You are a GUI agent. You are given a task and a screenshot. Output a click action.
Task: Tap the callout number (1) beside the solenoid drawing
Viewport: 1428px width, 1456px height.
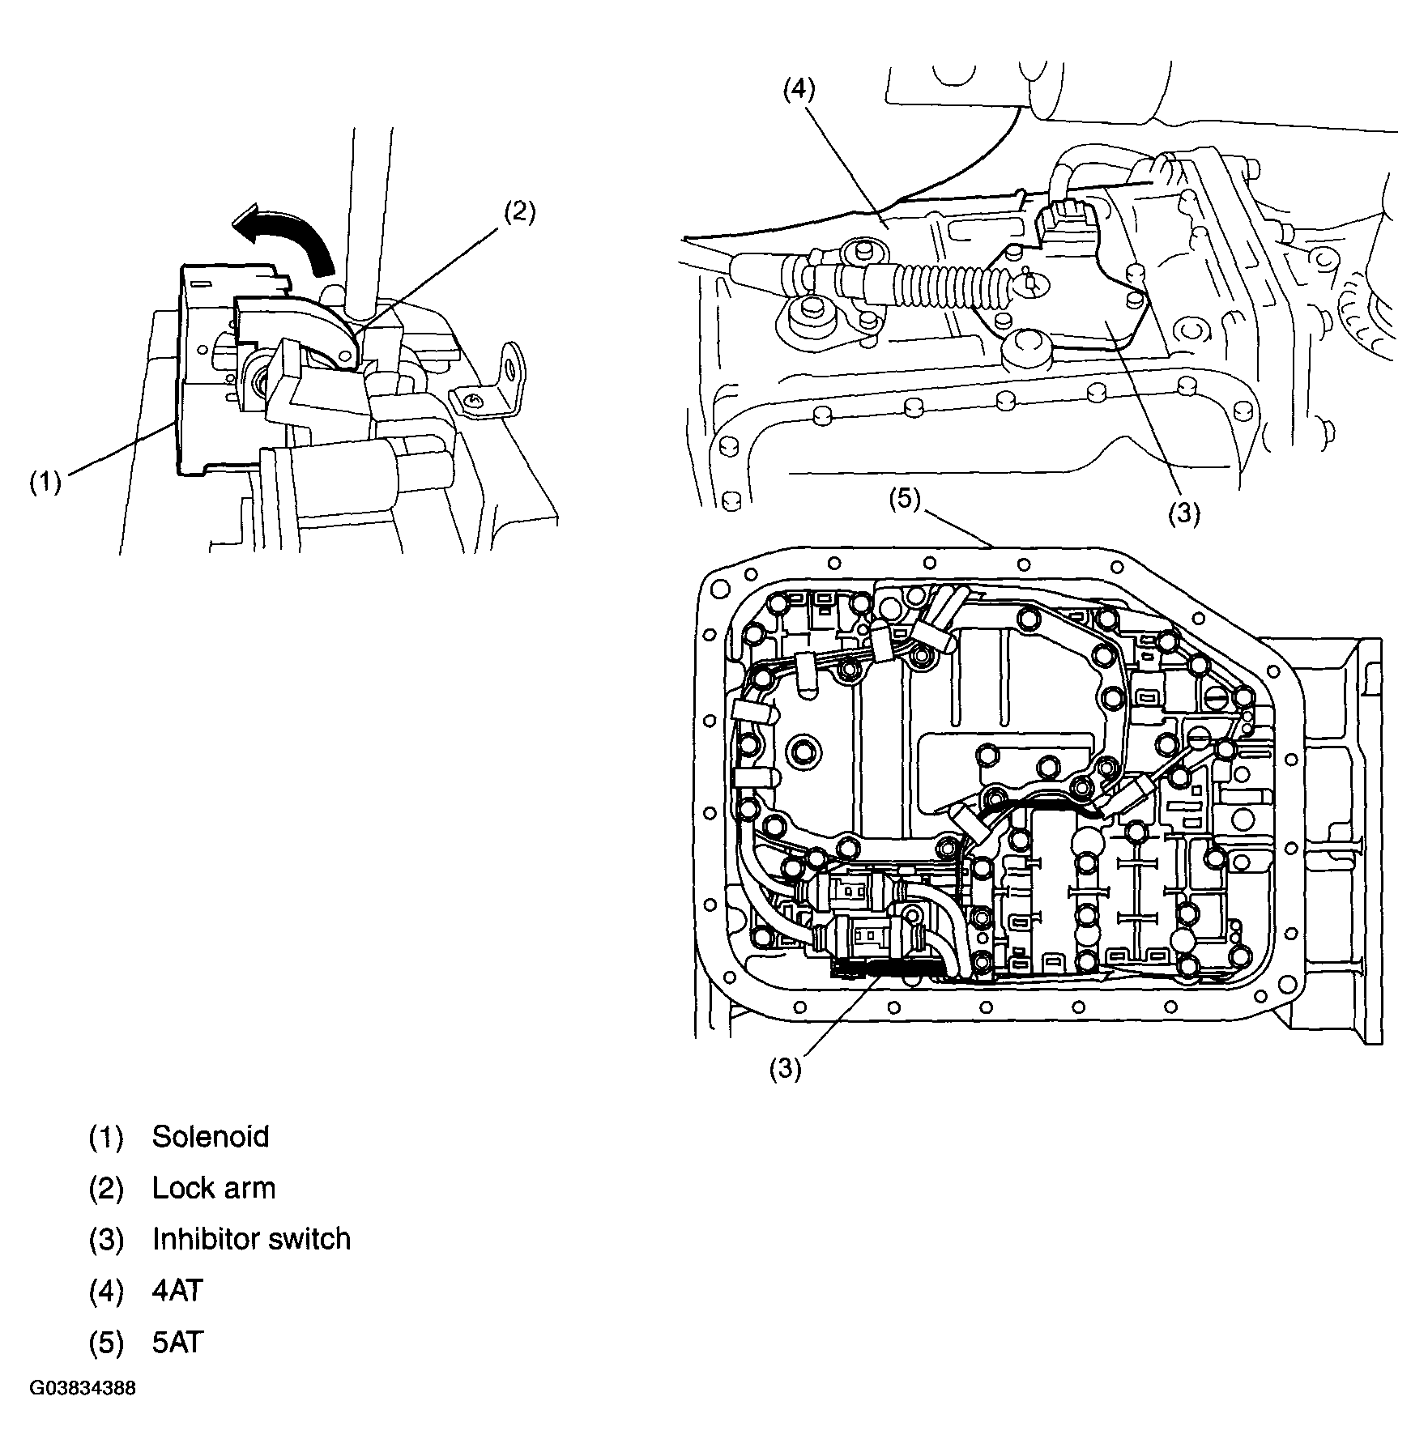tap(46, 483)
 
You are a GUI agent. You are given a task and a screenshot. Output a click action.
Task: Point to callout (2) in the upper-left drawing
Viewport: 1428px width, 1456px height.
tap(519, 212)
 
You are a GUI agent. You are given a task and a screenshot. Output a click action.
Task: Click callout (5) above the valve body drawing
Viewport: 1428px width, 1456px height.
tap(904, 500)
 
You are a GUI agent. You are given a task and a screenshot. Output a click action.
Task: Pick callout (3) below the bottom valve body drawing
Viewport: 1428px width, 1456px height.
tap(785, 1070)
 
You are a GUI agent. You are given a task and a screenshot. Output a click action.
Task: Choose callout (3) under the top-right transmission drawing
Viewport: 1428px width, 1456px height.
tap(1183, 513)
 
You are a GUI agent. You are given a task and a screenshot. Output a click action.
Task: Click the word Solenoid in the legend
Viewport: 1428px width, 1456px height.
tap(211, 1137)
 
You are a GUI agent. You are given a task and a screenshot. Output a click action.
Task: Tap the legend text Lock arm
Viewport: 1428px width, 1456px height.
tap(214, 1188)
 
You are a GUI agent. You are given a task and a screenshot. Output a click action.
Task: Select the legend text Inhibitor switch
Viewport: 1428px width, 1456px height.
tap(251, 1239)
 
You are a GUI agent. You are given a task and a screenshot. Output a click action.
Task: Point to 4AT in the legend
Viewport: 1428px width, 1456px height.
tap(177, 1290)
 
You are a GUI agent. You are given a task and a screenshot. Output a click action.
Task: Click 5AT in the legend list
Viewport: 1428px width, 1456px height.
tap(177, 1342)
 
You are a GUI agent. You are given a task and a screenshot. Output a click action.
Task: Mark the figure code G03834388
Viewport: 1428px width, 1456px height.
tap(83, 1389)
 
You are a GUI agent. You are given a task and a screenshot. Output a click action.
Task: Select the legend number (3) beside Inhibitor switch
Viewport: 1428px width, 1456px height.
tap(106, 1240)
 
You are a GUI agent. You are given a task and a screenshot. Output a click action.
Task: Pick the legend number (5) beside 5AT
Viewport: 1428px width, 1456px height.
tap(106, 1343)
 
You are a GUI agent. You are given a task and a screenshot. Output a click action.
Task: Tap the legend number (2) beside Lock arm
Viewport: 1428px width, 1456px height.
tap(106, 1189)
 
